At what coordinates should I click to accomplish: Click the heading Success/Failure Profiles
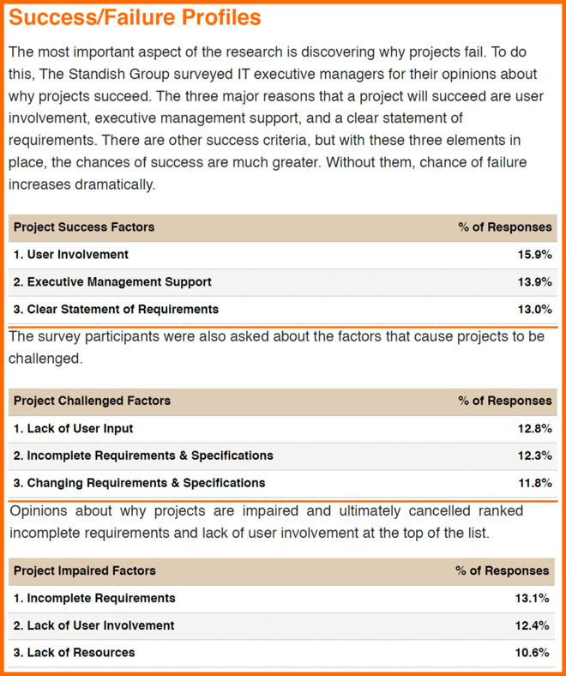(x=135, y=18)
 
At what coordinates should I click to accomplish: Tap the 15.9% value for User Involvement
(x=534, y=255)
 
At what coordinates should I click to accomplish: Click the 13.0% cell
(x=534, y=310)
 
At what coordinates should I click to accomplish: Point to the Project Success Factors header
(x=84, y=227)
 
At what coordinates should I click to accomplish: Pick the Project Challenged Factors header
(x=93, y=401)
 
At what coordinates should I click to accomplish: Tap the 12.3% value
(x=534, y=456)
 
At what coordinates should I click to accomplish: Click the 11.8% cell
(x=534, y=483)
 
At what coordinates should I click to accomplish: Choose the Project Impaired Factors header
(x=85, y=570)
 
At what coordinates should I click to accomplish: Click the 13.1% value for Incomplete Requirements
(x=532, y=599)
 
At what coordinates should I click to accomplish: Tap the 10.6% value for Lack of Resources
(x=532, y=653)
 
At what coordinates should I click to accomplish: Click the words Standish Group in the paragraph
(x=119, y=74)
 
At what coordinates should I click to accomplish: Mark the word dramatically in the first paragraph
(x=115, y=184)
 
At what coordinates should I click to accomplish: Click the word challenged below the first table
(x=45, y=359)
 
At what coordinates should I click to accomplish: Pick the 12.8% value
(x=534, y=429)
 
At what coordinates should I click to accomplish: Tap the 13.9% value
(x=534, y=282)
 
